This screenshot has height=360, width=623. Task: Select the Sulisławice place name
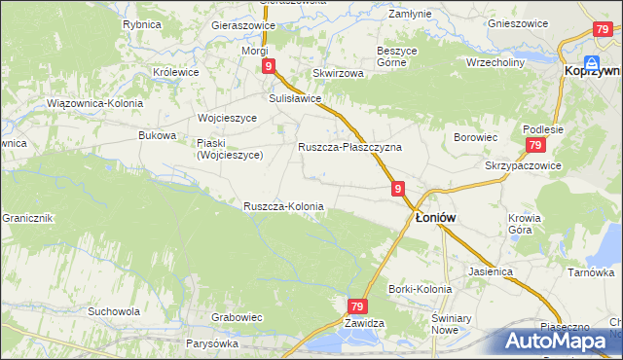[295, 98]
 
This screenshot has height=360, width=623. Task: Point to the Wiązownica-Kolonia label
[94, 102]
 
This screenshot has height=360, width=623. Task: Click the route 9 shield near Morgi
[269, 66]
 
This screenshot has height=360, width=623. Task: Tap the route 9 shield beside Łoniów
[399, 189]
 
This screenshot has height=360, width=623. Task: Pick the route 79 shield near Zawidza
[357, 306]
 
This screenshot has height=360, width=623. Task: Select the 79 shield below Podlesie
[534, 145]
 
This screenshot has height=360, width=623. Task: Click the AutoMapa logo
[562, 342]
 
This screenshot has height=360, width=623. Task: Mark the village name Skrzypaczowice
[523, 165]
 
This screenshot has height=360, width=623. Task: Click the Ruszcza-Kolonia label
[283, 206]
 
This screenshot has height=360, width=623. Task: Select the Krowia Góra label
[523, 225]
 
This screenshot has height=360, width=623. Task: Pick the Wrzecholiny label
[496, 60]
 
